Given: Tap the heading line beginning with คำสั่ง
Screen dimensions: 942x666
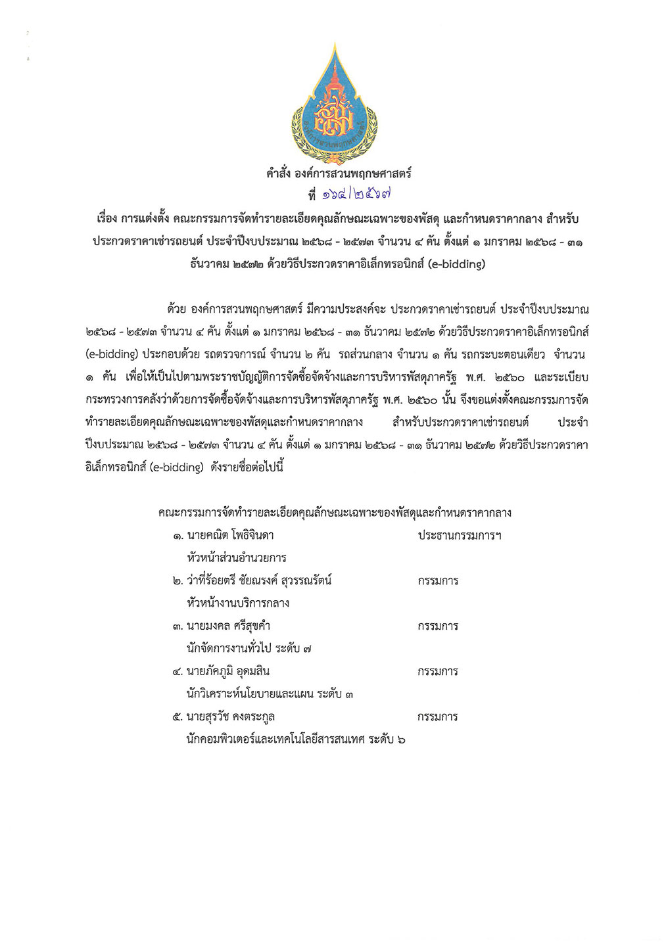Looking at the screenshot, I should [339, 174].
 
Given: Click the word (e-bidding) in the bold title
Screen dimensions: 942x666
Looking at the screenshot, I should [456, 264].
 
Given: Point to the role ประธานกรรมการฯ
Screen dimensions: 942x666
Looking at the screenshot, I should [460, 536].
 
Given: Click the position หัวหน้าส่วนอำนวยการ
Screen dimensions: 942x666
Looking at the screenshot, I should [237, 558].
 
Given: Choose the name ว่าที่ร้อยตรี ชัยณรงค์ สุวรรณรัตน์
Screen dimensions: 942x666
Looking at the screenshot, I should [259, 580].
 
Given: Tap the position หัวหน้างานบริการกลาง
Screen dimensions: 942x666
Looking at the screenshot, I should [238, 603].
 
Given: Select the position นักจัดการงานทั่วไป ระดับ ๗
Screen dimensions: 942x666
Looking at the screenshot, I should [249, 648].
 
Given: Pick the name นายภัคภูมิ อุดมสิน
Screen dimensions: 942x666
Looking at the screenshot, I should [228, 671].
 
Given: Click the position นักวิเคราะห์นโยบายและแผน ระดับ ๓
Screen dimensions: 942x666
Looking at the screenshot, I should [270, 694].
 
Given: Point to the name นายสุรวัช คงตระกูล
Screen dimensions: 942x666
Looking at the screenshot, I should [231, 717].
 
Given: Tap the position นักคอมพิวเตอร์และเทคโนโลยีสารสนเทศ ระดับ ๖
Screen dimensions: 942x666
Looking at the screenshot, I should [296, 739].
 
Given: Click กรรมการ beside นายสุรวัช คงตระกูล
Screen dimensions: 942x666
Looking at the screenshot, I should [438, 717].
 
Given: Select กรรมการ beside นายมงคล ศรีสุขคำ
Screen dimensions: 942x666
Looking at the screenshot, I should [438, 626].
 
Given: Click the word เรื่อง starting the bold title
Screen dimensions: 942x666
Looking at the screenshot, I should [107, 218].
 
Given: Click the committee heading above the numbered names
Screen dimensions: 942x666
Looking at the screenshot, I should [335, 513].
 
